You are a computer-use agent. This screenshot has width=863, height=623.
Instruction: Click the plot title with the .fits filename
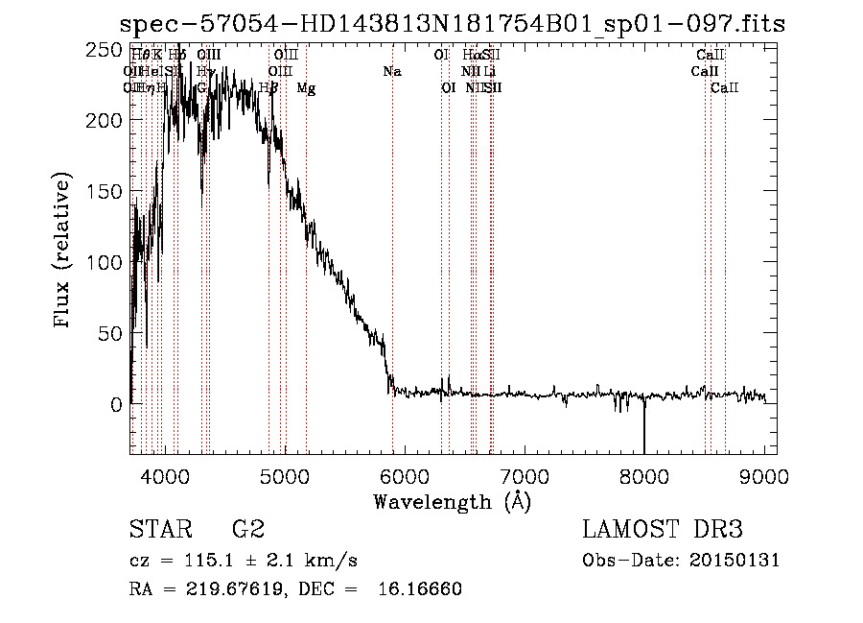452,25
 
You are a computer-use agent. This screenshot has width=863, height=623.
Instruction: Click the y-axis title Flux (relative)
63,252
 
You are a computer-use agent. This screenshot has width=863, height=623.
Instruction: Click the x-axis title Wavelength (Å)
452,501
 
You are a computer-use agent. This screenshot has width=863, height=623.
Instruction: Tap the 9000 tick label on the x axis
764,474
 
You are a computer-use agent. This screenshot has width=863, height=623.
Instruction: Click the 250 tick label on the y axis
105,49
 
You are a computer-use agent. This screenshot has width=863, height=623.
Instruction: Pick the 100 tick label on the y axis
105,262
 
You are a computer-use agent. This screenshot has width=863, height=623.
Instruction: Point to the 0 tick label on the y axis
116,404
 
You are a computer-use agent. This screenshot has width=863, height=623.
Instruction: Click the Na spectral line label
391,71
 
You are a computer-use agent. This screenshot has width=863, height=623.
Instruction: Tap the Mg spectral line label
306,88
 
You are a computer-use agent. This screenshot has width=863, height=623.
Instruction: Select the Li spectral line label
489,71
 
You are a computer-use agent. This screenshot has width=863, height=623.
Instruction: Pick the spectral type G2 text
247,529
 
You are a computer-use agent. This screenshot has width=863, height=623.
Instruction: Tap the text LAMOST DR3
663,529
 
